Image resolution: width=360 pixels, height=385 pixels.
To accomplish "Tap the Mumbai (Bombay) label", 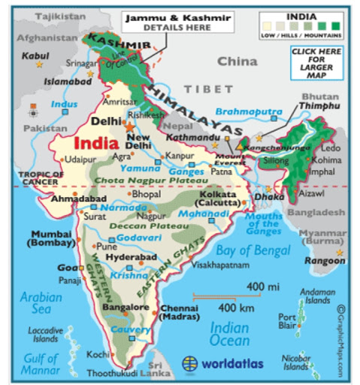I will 50,238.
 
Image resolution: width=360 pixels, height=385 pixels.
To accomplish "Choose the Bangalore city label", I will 125,307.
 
